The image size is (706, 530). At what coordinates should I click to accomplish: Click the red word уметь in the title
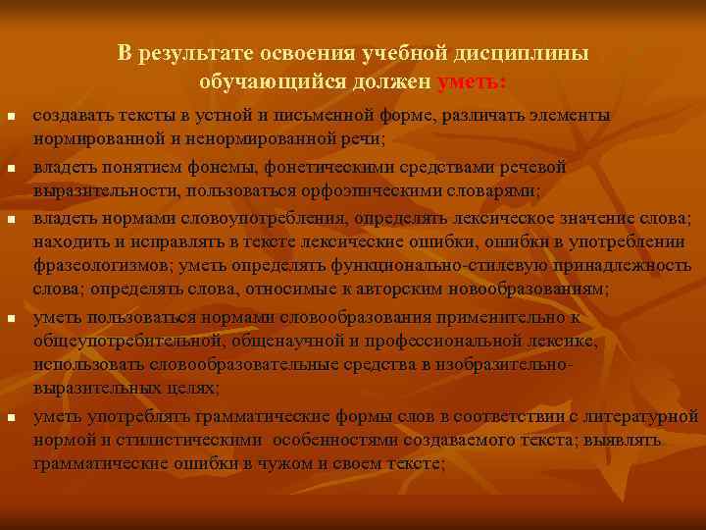(x=473, y=80)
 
